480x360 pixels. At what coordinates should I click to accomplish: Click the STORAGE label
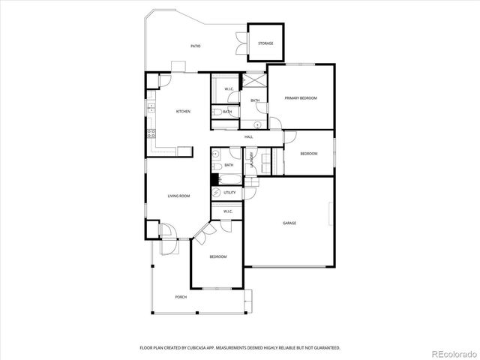click(265, 43)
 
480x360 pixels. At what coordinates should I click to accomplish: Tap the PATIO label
click(195, 46)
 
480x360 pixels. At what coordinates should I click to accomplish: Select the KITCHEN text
click(183, 112)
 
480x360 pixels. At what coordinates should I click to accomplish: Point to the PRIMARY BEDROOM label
click(301, 98)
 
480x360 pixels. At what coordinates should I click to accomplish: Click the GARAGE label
click(289, 223)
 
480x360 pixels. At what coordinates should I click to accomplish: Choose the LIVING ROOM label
click(178, 196)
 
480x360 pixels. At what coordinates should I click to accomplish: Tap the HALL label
click(248, 136)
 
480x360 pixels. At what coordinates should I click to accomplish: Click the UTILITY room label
click(229, 193)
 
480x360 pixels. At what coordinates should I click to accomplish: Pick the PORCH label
click(181, 297)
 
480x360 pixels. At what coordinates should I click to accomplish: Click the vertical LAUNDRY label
click(252, 160)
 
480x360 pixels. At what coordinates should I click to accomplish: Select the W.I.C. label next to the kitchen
click(229, 89)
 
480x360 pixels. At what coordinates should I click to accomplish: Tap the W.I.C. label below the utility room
click(228, 211)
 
